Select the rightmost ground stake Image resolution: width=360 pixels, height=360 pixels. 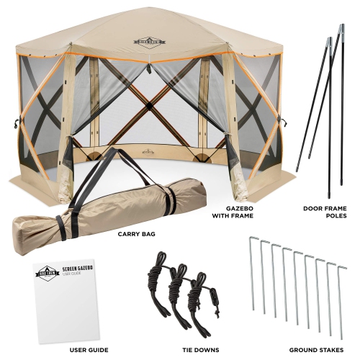(x=339, y=295)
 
